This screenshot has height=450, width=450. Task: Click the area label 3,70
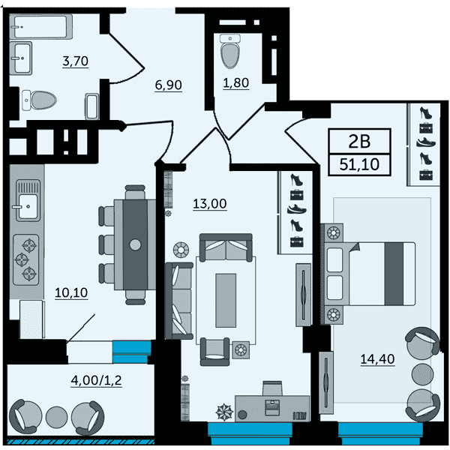click(76, 61)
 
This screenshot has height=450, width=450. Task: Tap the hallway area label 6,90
click(169, 85)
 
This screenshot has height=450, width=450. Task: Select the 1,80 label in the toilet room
click(236, 83)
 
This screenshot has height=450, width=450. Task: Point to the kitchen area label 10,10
click(71, 292)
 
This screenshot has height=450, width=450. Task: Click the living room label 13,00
click(210, 204)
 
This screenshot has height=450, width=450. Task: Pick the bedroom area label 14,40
click(377, 359)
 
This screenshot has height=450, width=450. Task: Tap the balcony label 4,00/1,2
click(97, 380)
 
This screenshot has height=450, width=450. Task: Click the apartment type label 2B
click(359, 141)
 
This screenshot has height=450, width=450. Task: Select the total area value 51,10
click(359, 165)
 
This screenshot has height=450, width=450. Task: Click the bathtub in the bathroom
click(40, 26)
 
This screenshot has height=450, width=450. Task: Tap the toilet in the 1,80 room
click(230, 51)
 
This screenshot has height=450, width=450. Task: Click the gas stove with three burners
click(26, 260)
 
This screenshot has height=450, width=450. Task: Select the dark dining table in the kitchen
click(135, 244)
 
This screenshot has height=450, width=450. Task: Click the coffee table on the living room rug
click(226, 301)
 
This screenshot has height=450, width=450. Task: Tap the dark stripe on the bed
click(394, 274)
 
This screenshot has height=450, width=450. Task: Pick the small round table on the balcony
click(56, 417)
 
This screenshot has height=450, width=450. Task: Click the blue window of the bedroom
click(380, 433)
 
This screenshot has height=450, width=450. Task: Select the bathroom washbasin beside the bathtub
click(21, 58)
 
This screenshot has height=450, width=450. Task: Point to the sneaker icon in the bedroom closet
click(426, 142)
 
